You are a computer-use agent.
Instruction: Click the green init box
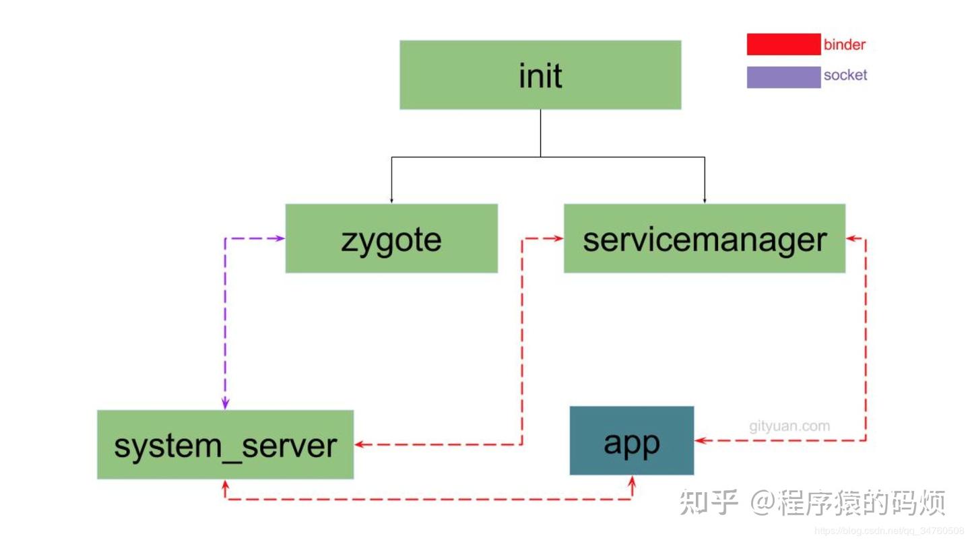click(540, 75)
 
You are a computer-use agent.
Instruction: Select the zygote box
click(391, 238)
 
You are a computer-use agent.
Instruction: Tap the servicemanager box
click(704, 238)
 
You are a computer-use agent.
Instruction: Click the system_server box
click(225, 444)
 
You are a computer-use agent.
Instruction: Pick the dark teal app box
click(631, 440)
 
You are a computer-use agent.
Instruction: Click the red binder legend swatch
click(783, 44)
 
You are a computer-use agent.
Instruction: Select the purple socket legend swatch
click(783, 77)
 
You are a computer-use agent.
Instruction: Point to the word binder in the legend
click(844, 45)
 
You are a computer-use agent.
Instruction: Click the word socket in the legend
click(845, 75)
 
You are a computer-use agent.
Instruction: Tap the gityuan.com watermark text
click(789, 426)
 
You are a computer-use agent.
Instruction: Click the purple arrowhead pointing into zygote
click(280, 238)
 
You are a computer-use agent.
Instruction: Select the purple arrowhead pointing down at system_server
click(226, 404)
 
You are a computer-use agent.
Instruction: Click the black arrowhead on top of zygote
click(391, 200)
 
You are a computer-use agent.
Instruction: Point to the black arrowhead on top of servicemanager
click(705, 200)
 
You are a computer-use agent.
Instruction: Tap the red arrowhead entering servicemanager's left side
click(558, 238)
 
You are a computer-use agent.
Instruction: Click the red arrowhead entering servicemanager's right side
click(851, 238)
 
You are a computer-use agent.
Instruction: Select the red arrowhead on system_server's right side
click(360, 444)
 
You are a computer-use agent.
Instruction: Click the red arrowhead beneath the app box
click(632, 480)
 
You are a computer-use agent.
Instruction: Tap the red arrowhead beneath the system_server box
click(226, 484)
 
